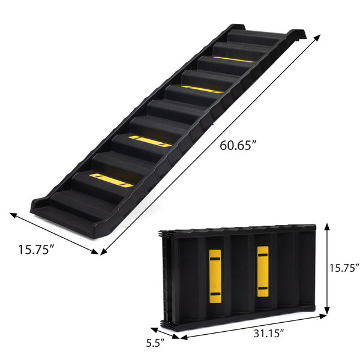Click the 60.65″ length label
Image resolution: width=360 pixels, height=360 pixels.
tap(238, 145)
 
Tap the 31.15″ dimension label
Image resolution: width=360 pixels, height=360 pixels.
tap(269, 333)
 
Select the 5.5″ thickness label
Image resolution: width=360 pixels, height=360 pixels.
tap(155, 343)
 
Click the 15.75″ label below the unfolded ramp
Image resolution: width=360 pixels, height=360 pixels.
tap(36, 250)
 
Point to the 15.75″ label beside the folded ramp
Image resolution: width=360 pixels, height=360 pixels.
tap(344, 268)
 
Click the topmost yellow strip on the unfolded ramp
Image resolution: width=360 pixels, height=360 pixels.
tap(234, 59)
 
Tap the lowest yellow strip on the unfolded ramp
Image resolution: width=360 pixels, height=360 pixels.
tap(112, 180)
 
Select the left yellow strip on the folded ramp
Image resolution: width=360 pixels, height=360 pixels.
tap(215, 276)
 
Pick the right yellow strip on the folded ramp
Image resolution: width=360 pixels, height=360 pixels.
tap(263, 272)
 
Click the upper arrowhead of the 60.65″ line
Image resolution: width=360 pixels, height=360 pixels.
tap(317, 38)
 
